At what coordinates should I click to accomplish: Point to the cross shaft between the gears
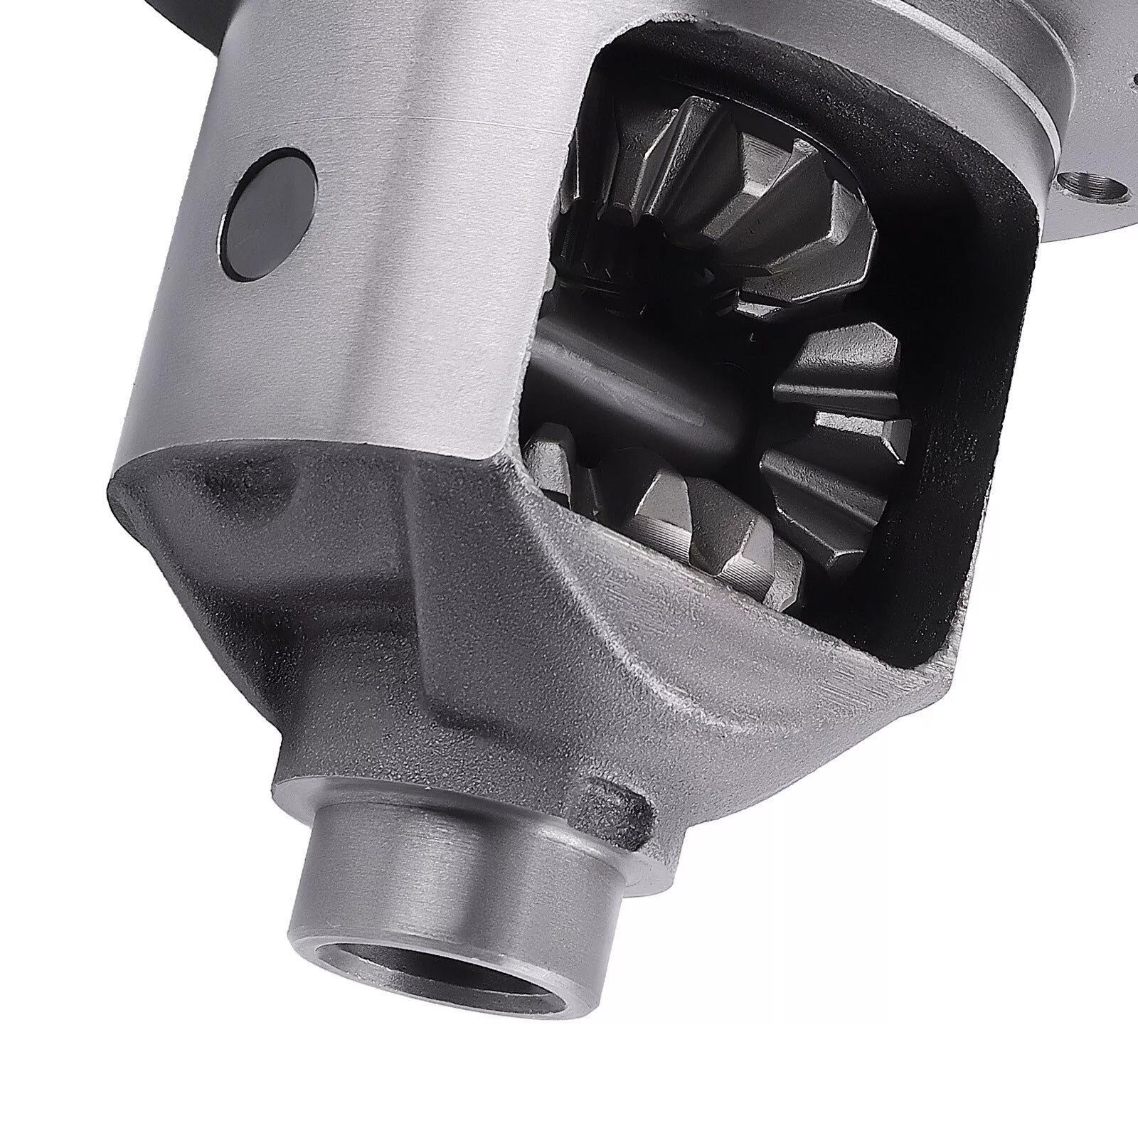[x=640, y=398]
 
